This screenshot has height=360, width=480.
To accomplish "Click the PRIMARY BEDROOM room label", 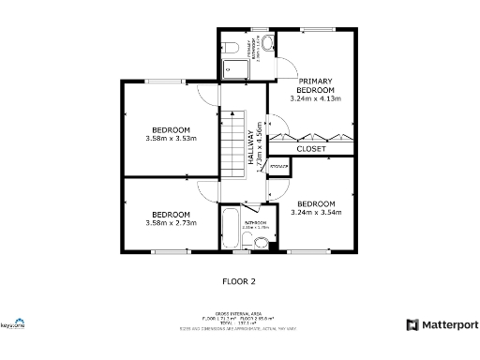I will pyautogui.click(x=315, y=84).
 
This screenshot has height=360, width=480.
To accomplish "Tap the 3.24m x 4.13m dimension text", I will pyautogui.click(x=315, y=97).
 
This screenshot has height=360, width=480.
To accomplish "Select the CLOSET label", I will pyautogui.click(x=311, y=149).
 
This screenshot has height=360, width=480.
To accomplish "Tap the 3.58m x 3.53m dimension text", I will pyautogui.click(x=172, y=139).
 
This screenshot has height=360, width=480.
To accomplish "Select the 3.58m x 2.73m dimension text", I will pyautogui.click(x=172, y=223).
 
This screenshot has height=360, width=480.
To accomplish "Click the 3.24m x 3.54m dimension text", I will pyautogui.click(x=316, y=213).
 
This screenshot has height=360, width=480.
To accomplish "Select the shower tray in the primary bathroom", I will pyautogui.click(x=231, y=67).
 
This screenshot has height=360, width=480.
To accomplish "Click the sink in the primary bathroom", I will pyautogui.click(x=266, y=46).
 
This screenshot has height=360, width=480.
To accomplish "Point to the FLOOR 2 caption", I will pyautogui.click(x=238, y=280).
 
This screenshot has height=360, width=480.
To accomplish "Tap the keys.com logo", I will pyautogui.click(x=12, y=325).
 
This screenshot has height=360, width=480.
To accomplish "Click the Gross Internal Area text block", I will pyautogui.click(x=239, y=321).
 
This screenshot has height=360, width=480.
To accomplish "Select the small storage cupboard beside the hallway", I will pyautogui.click(x=278, y=166).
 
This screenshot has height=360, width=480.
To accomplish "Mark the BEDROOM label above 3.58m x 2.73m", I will pyautogui.click(x=172, y=214).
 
